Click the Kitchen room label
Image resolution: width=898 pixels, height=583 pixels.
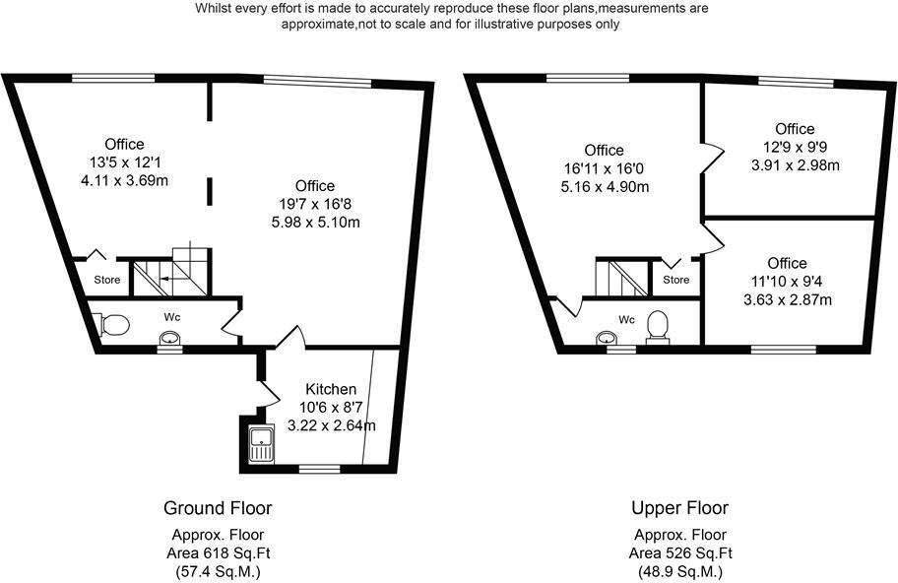click(331, 390)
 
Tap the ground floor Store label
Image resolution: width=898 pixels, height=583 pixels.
click(107, 280)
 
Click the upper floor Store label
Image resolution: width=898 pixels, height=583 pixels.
click(676, 280)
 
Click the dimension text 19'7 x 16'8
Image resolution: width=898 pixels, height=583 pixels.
click(314, 204)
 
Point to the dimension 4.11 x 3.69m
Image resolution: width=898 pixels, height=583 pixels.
click(127, 180)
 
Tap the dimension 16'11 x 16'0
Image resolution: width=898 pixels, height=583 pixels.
click(604, 168)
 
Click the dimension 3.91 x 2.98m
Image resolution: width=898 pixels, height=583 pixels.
click(795, 164)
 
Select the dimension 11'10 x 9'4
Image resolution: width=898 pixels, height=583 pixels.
click(787, 281)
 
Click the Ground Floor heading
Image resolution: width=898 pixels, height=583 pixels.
click(218, 508)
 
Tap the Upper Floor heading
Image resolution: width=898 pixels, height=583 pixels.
click(680, 508)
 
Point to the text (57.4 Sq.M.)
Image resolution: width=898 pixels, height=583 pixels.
click(218, 571)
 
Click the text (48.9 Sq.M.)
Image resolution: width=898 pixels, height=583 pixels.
click(680, 571)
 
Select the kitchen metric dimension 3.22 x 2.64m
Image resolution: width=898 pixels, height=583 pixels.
click(331, 425)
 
